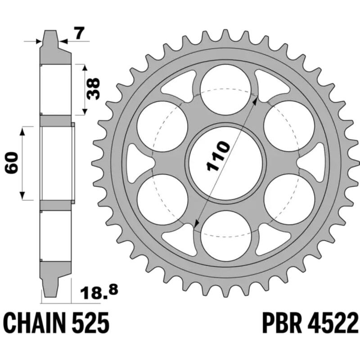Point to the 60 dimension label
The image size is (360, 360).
tap(13, 163)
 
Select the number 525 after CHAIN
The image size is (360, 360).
tap(92, 324)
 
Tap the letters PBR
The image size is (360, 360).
tap(282, 324)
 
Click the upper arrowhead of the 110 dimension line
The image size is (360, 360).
tap(256, 100)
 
